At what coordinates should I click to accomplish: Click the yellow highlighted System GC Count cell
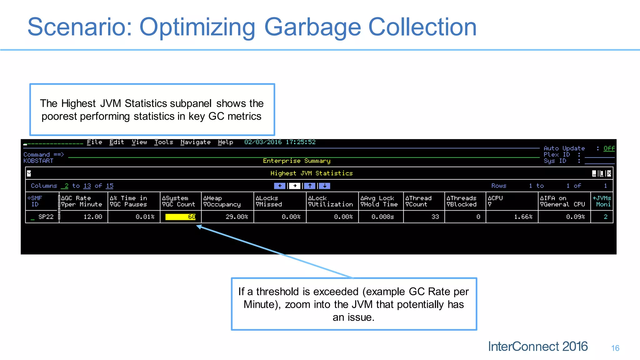click(x=180, y=217)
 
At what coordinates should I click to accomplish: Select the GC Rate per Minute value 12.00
click(x=93, y=217)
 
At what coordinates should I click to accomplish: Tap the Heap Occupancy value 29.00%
click(x=237, y=217)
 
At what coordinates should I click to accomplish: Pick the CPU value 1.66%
click(x=523, y=217)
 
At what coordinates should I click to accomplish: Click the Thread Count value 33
click(x=435, y=217)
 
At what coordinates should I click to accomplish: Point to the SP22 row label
click(x=46, y=217)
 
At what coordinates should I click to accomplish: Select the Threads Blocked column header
click(x=462, y=201)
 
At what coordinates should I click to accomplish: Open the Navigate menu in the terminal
click(x=195, y=142)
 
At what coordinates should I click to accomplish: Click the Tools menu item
click(x=163, y=142)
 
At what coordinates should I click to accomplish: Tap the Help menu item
click(x=225, y=142)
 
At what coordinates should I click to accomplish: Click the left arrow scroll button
click(x=280, y=186)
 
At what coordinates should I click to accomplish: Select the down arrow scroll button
click(x=325, y=186)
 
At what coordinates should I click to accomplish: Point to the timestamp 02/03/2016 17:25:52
click(x=280, y=142)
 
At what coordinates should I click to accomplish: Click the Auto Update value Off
click(x=609, y=148)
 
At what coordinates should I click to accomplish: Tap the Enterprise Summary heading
click(x=297, y=161)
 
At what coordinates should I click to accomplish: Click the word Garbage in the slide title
click(x=312, y=27)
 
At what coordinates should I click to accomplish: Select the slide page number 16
click(x=615, y=348)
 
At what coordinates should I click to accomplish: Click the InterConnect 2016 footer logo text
click(x=538, y=347)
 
